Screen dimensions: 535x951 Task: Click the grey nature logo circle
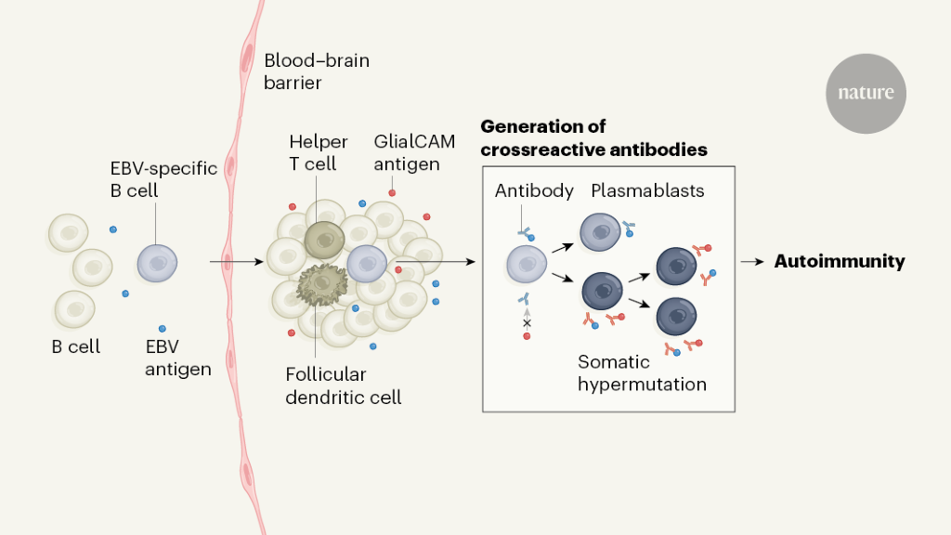(866, 93)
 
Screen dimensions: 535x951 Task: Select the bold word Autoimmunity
(839, 262)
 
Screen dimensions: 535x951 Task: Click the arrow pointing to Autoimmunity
(753, 262)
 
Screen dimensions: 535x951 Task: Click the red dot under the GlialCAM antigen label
(392, 192)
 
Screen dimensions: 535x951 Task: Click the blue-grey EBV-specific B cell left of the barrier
(155, 263)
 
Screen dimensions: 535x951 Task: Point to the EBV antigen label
(176, 358)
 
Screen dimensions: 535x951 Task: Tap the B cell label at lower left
(75, 347)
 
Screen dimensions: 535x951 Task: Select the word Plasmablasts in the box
(647, 191)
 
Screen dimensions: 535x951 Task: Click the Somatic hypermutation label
(642, 372)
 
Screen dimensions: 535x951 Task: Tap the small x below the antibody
(527, 322)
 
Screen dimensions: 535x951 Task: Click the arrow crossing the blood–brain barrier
(228, 263)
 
